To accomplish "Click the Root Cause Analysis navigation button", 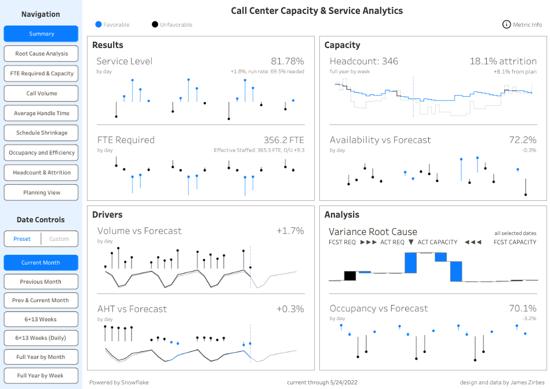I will (41, 54).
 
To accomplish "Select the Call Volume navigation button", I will (41, 93).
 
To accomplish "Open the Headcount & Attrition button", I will (41, 173).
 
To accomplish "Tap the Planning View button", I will (41, 193).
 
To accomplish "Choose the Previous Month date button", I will (41, 282).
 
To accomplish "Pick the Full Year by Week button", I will (41, 376).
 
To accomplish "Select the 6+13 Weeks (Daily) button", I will (41, 338).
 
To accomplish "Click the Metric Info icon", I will (507, 25).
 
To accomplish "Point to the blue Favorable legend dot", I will (99, 25).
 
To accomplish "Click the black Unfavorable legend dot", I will (155, 25).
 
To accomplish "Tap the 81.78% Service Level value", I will (287, 61).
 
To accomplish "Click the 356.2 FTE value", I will (283, 140).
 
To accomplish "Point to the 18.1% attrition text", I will (502, 61).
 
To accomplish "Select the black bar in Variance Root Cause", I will (349, 276).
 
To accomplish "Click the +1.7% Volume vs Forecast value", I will (290, 231).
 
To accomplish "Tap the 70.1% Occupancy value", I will (522, 309).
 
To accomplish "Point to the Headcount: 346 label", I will (363, 61).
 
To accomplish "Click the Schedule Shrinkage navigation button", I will (41, 133).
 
